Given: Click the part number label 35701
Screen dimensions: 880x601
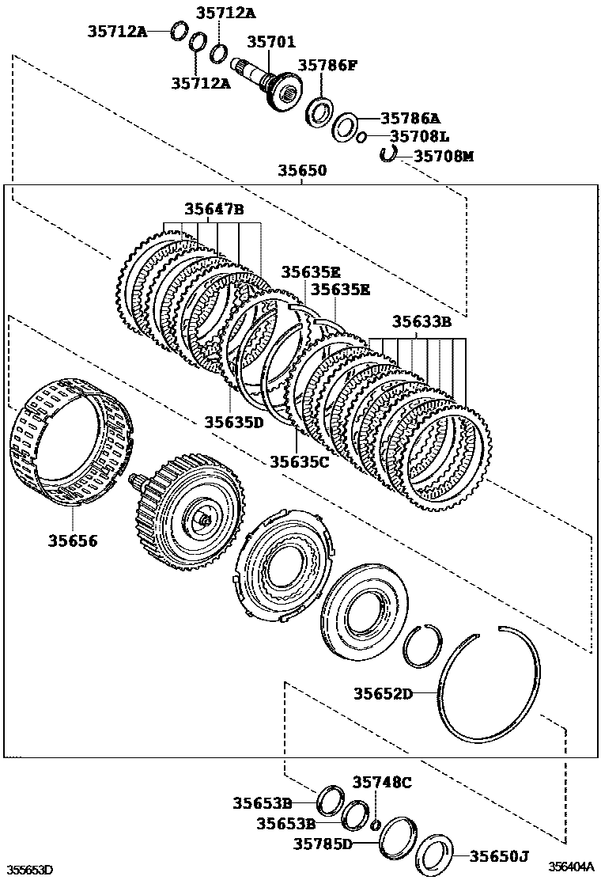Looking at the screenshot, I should pos(271,42).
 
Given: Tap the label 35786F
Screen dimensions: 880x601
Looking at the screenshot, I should pos(327,66).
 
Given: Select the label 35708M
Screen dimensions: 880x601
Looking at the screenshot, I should pos(444,157).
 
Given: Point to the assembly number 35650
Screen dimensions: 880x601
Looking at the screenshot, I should pos(301,171).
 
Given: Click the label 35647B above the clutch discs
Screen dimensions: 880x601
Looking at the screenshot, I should pos(214,210).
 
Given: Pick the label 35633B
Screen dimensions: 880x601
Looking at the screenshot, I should pos(421,321).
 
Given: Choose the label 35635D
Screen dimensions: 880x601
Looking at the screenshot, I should pos(233,422).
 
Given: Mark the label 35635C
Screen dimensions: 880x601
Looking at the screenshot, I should pos(299,461).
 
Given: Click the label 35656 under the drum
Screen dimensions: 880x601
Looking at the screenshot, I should pos(72,541).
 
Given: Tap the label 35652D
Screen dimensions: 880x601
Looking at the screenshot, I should pos(383,694).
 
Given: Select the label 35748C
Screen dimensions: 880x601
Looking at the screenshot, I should pos(382,783).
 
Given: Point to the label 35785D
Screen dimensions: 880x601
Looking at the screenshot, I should pos(323,844).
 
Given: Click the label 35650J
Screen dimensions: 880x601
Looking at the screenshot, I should pos(498,855).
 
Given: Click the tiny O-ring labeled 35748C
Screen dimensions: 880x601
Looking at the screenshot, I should pos(376,825).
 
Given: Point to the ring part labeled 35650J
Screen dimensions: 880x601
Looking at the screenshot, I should pos(434,855).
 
